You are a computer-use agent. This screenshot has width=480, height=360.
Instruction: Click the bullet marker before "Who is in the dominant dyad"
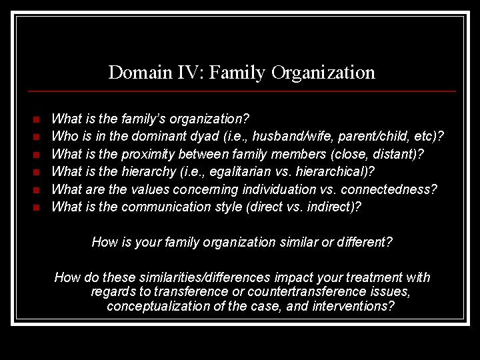pyautogui.click(x=37, y=137)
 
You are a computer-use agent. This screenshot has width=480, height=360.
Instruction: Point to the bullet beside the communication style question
pyautogui.click(x=37, y=207)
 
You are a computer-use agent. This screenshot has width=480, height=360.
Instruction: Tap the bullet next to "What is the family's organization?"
pyautogui.click(x=37, y=119)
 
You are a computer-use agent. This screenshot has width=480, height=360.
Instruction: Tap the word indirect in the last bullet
pyautogui.click(x=334, y=207)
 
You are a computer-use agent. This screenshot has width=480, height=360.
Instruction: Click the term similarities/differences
pyautogui.click(x=215, y=277)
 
